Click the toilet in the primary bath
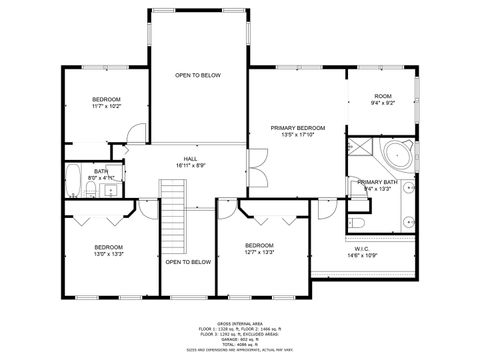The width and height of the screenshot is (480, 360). pyautogui.click(x=358, y=220)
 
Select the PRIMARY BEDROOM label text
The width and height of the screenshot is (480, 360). pyautogui.click(x=298, y=129)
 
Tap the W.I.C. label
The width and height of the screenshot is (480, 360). pyautogui.click(x=362, y=248)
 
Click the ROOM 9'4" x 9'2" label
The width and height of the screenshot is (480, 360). pyautogui.click(x=382, y=97)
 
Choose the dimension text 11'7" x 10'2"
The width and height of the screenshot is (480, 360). pyautogui.click(x=106, y=106)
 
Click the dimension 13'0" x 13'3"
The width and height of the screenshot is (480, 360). pyautogui.click(x=108, y=253)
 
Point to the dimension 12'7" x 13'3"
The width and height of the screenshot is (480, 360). pyautogui.click(x=259, y=252)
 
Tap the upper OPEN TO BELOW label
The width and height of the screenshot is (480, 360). pyautogui.click(x=197, y=75)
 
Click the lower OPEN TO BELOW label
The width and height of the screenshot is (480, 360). pyautogui.click(x=188, y=262)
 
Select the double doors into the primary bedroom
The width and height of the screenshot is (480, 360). pyautogui.click(x=257, y=163)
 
